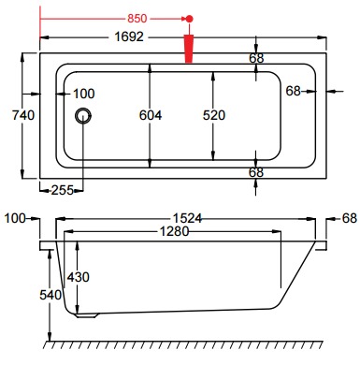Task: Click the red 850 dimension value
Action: click(x=137, y=19)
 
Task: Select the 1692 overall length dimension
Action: click(x=129, y=36)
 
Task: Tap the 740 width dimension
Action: click(x=23, y=115)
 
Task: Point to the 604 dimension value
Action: click(x=151, y=115)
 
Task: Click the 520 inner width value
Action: click(x=214, y=115)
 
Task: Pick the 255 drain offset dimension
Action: click(x=63, y=190)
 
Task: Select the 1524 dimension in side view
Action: click(x=187, y=218)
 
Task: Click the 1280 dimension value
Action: click(x=174, y=231)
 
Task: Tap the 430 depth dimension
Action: click(x=79, y=277)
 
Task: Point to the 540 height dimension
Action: click(x=50, y=295)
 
